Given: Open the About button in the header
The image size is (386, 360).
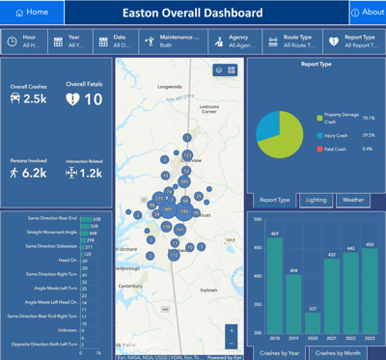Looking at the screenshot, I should (367, 12).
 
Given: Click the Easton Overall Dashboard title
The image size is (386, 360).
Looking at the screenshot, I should (192, 13).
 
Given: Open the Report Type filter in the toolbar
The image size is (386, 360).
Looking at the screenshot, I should (351, 42).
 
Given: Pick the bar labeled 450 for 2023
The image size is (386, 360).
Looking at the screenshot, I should (369, 291).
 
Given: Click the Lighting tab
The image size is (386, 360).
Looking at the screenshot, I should (316, 200).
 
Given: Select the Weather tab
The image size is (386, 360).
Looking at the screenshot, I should (353, 200).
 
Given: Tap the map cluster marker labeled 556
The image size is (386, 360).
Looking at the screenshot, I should (183, 210).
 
